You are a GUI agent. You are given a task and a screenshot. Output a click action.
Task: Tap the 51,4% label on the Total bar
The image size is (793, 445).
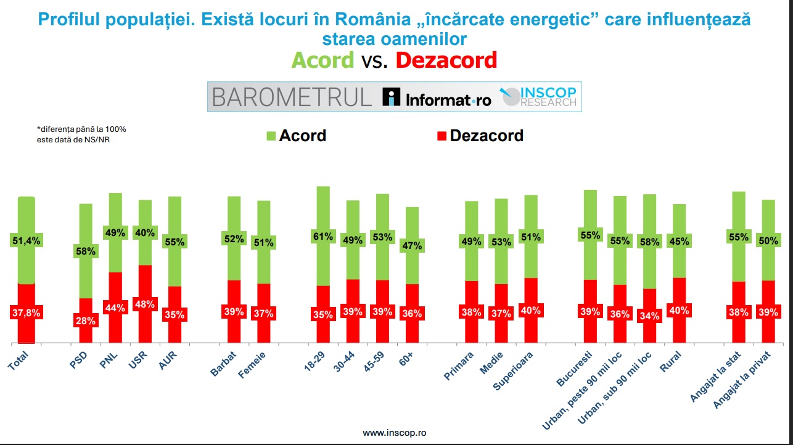(x=26, y=241)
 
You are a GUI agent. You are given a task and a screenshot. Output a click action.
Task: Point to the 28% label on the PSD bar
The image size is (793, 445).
(x=86, y=320)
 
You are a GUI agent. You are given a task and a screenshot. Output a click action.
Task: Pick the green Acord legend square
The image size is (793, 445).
(x=271, y=136)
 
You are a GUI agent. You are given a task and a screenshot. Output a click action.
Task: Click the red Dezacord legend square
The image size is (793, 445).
(x=442, y=136)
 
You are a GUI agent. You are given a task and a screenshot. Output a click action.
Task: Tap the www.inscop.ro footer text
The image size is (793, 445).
(x=394, y=433)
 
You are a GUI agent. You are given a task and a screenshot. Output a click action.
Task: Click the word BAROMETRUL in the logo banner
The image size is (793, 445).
(x=292, y=97)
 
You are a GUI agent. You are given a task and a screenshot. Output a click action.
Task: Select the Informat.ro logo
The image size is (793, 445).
(x=437, y=97)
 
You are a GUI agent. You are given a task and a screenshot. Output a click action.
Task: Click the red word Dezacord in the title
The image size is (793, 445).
(x=446, y=60)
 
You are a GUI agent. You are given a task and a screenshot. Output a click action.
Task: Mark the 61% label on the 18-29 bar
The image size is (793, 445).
(x=323, y=236)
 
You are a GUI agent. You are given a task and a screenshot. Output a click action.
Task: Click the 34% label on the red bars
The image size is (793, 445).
(x=649, y=317)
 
